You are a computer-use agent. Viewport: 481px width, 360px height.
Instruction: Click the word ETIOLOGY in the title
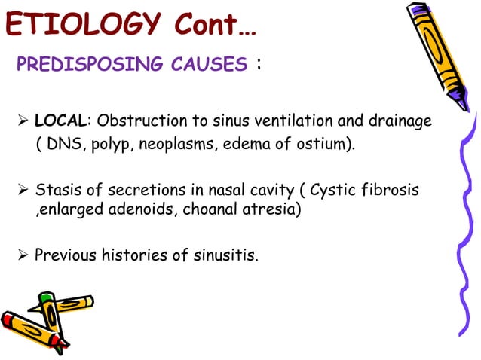point(84,24)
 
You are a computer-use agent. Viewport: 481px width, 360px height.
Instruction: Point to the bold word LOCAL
point(61,121)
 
